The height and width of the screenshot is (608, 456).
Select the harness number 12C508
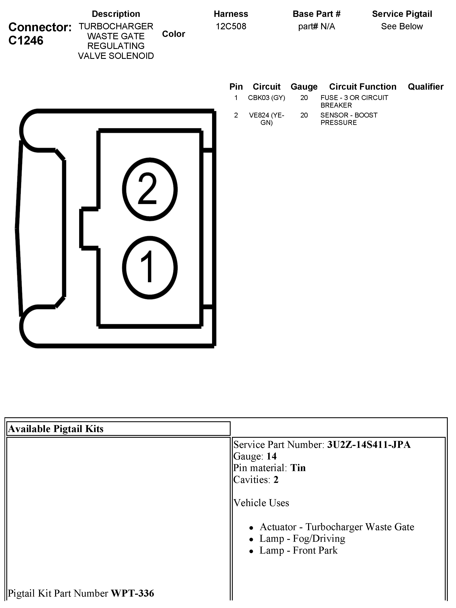(231, 26)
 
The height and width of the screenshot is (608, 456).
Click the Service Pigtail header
(402, 14)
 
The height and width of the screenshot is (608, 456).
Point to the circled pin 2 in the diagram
(150, 189)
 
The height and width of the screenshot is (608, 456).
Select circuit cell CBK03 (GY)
(266, 98)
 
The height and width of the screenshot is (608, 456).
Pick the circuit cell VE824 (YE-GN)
(266, 119)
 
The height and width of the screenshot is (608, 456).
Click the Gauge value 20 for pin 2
(304, 115)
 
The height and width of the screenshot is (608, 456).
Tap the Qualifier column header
(425, 86)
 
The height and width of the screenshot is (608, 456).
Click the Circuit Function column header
(363, 86)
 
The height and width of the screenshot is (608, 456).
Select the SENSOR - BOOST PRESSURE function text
(349, 119)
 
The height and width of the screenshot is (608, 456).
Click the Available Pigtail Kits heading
(56, 429)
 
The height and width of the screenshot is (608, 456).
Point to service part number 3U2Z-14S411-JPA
(369, 445)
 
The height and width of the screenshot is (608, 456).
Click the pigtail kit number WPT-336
(133, 593)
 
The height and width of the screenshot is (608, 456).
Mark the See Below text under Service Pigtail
(402, 26)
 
